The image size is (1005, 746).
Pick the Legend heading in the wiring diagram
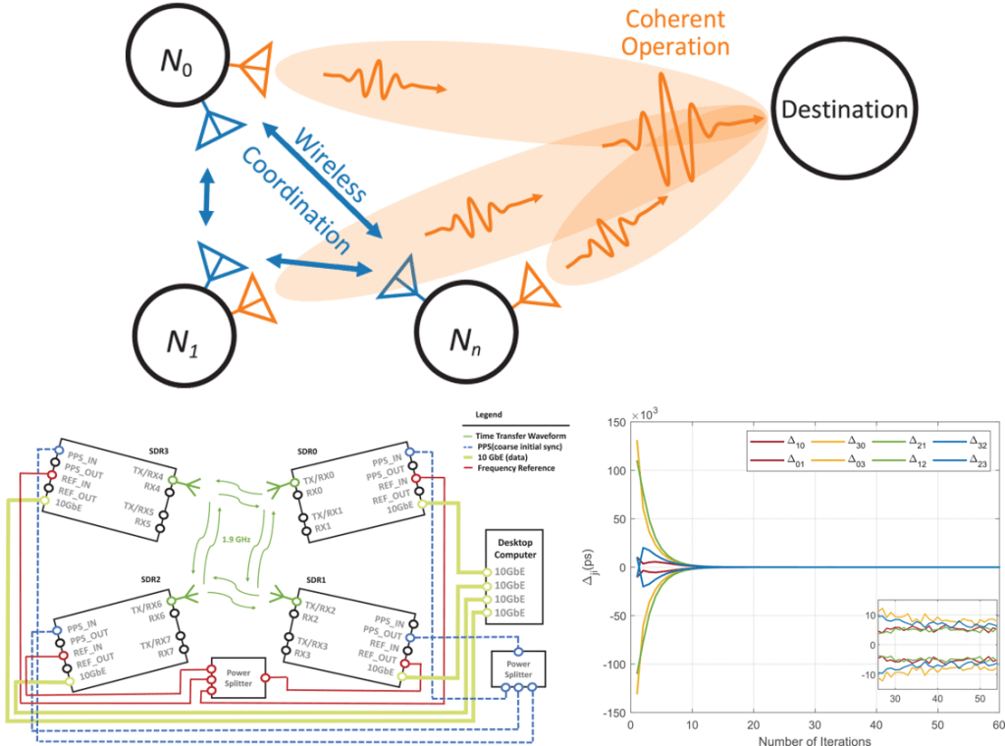487,415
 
